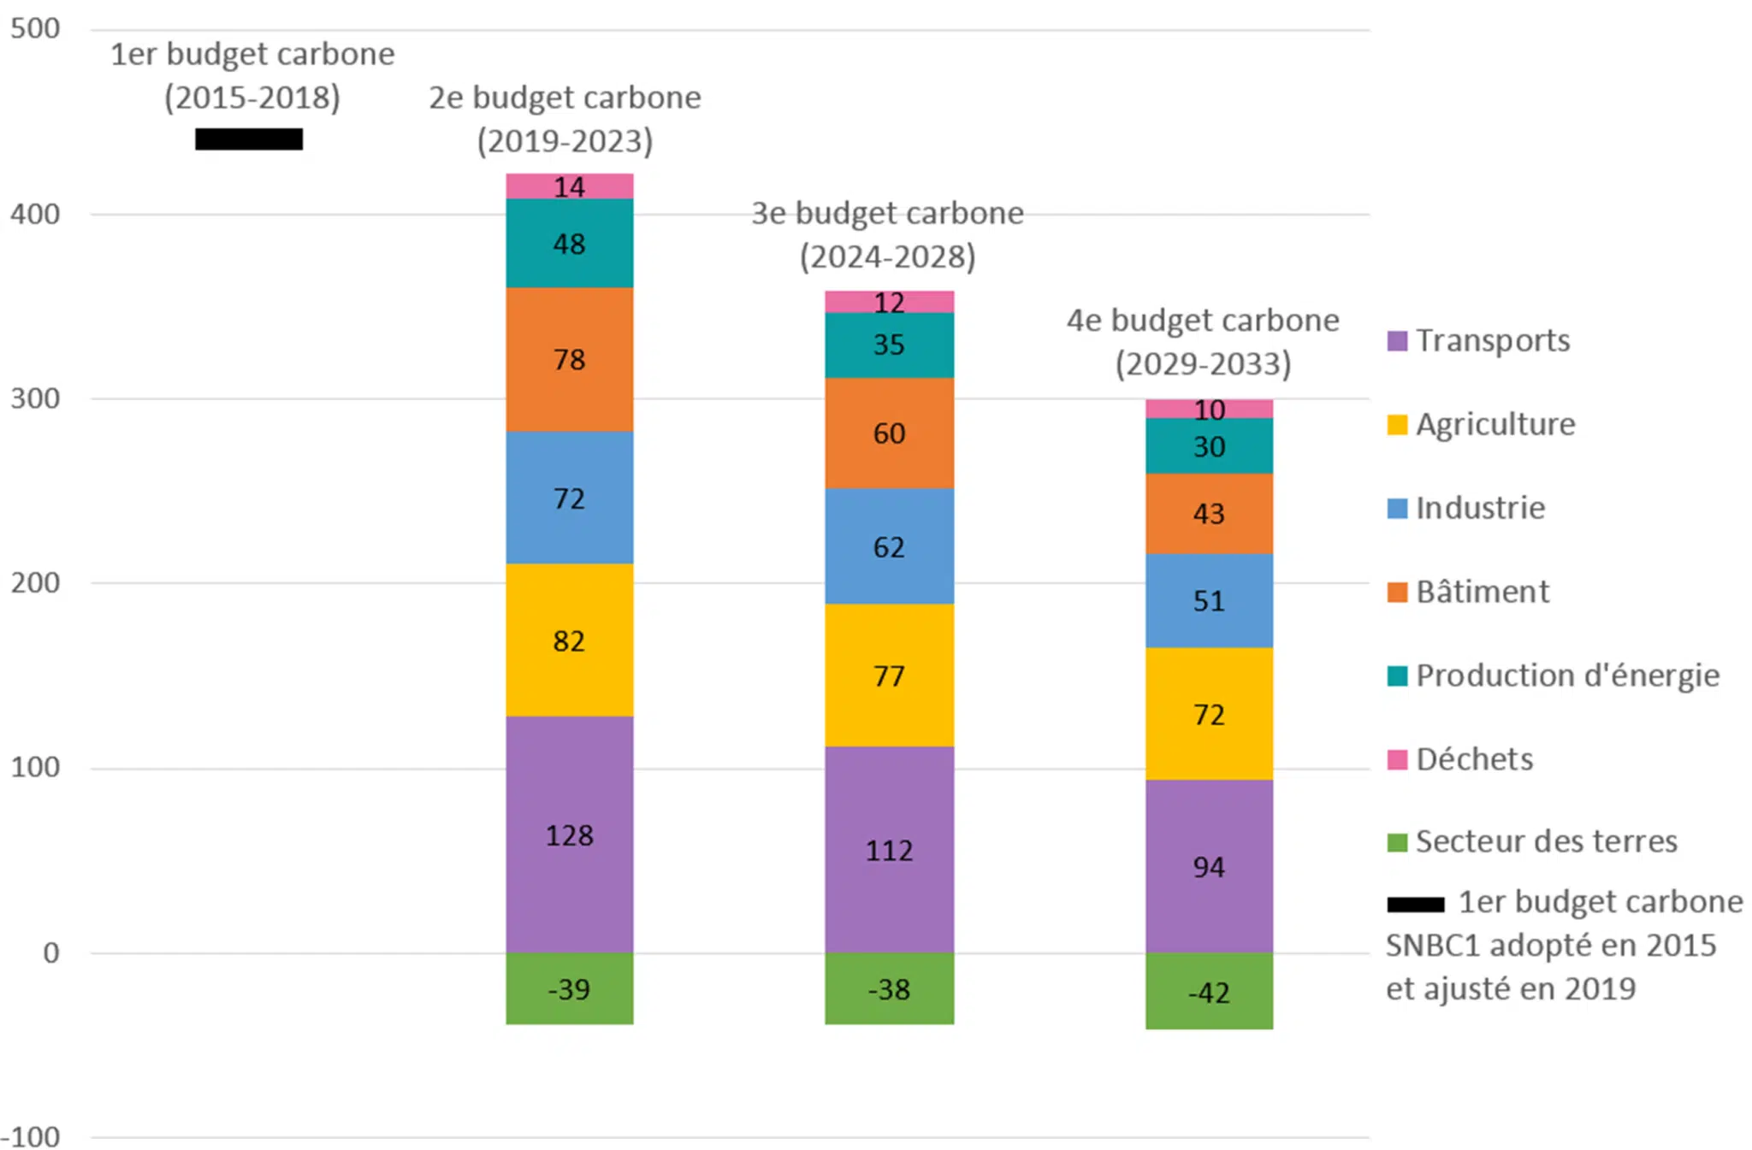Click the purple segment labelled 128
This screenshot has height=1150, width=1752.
coord(569,834)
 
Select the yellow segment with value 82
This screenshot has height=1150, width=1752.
coord(569,640)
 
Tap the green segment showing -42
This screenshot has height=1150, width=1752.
coord(1209,991)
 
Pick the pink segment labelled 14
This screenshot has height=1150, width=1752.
coord(569,186)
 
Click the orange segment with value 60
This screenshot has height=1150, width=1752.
coord(889,433)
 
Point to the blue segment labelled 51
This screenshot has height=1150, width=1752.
coord(1209,600)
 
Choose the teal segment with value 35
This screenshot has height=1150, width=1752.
coord(889,345)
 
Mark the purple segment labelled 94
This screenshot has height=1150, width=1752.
coord(1209,866)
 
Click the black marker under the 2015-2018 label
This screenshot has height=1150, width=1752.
coord(249,139)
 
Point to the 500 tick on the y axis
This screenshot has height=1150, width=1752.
coord(35,28)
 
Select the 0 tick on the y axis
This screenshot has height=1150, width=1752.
coord(50,952)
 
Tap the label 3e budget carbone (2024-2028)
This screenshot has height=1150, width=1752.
coord(887,234)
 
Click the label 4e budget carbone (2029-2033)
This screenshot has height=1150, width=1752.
coord(1203,341)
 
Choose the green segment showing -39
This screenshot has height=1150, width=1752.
coord(569,988)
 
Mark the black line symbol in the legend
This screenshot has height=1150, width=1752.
coord(1415,904)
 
